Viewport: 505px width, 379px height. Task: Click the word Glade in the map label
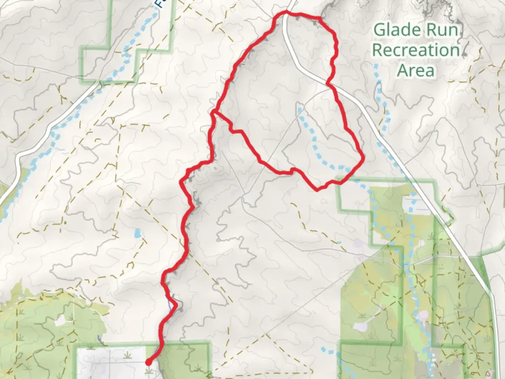(x=398, y=30)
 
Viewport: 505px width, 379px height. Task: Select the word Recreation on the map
(x=416, y=50)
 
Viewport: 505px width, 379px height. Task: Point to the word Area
(x=416, y=70)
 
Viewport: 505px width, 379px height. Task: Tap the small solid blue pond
(x=137, y=233)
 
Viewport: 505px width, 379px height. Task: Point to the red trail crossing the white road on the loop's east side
(x=329, y=84)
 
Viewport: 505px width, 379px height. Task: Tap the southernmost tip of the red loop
(x=317, y=190)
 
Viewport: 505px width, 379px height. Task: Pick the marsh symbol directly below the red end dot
(x=149, y=371)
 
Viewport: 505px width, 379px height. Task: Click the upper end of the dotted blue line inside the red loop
(x=300, y=109)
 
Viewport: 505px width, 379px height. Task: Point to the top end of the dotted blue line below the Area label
(x=375, y=65)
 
